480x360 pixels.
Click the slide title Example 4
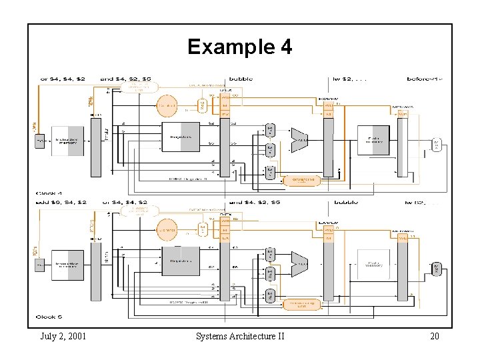pos(239,47)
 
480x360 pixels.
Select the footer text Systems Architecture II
pos(240,336)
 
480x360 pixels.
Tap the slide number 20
pos(434,336)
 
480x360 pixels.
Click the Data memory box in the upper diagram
pos(373,141)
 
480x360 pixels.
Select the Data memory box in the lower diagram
pos(373,265)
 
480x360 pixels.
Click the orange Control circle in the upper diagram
pos(167,106)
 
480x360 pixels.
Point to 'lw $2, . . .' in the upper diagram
pos(351,79)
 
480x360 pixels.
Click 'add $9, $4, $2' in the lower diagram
pos(63,202)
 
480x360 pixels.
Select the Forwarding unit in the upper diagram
pos(301,180)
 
